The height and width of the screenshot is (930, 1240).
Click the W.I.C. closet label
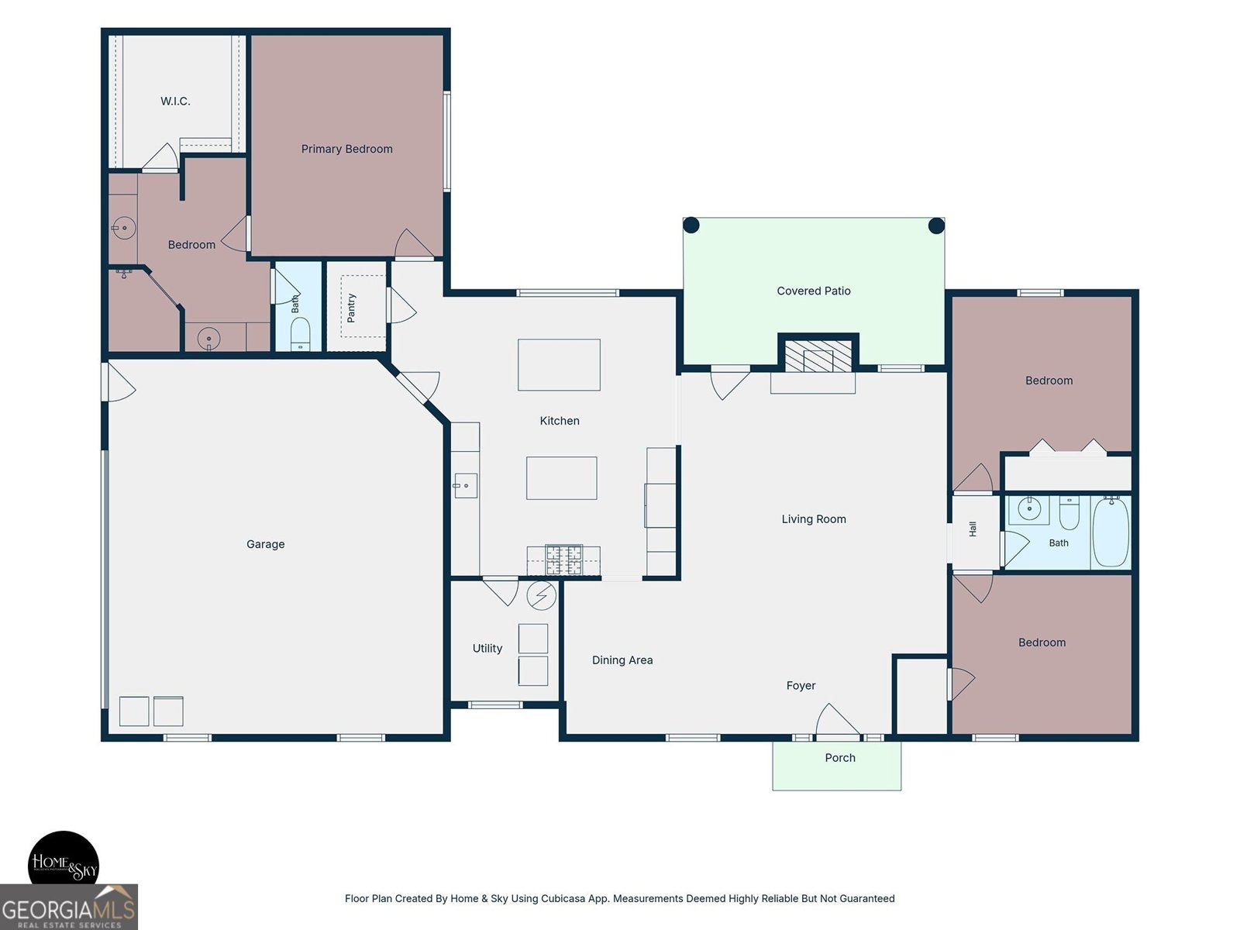(x=175, y=101)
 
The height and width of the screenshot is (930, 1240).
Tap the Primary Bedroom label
(x=346, y=149)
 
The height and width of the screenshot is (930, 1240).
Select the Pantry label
(x=351, y=308)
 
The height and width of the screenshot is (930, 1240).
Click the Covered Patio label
(x=814, y=291)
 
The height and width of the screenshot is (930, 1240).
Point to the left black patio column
(x=691, y=226)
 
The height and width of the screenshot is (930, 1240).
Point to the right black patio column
(x=936, y=226)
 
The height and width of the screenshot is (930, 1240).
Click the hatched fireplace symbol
(x=818, y=356)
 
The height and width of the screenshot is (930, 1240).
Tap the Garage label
(x=265, y=544)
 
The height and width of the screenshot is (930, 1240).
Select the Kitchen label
(x=560, y=421)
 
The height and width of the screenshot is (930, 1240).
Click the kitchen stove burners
(x=563, y=560)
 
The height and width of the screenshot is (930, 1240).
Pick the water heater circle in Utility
(x=541, y=595)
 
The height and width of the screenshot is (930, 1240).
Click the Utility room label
(x=487, y=648)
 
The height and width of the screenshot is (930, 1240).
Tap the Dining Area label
(x=622, y=660)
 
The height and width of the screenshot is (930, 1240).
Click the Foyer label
(x=801, y=686)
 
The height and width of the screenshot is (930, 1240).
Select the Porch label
(x=840, y=758)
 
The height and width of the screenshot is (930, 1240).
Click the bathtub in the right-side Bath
(x=1111, y=532)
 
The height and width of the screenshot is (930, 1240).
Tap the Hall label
(x=972, y=529)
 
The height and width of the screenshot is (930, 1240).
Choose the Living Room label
(x=814, y=519)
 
